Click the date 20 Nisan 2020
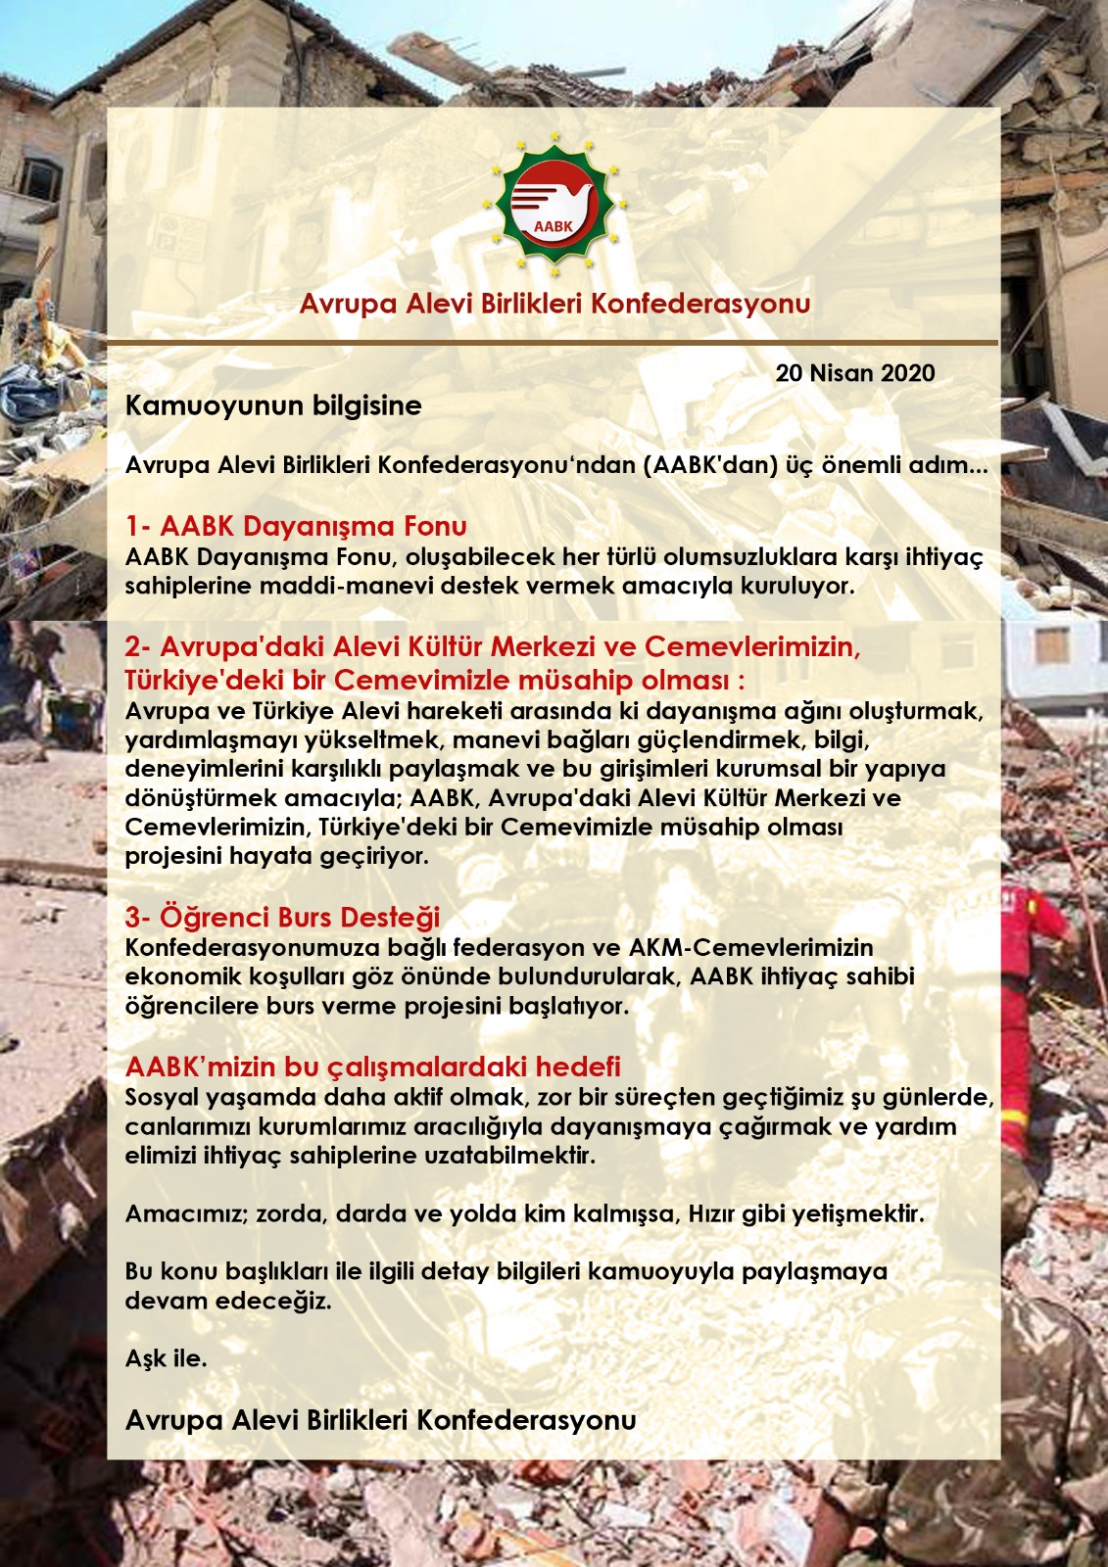click(854, 373)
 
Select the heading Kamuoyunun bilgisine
click(273, 405)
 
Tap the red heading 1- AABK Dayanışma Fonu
click(296, 526)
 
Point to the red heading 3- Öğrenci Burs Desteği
click(282, 917)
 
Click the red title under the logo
click(554, 304)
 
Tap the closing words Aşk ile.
click(166, 1358)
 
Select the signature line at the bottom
click(380, 1419)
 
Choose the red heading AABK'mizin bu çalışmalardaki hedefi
click(372, 1067)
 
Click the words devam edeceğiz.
click(228, 1301)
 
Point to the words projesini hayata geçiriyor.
click(276, 856)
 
